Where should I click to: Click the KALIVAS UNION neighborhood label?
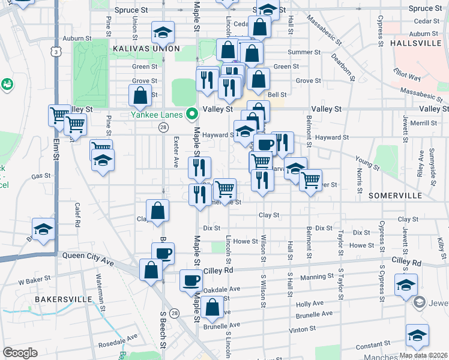pyautogui.click(x=145, y=48)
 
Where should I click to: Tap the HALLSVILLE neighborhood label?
pyautogui.click(x=418, y=44)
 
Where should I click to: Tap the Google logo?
pyautogui.click(x=20, y=353)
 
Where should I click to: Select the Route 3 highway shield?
pyautogui.click(x=56, y=52)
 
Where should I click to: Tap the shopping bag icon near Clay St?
pyautogui.click(x=157, y=211)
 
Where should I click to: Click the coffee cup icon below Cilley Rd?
pyautogui.click(x=191, y=280)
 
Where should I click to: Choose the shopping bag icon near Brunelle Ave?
pyautogui.click(x=212, y=307)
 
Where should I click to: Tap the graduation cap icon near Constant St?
pyautogui.click(x=417, y=335)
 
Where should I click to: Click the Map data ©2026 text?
pyautogui.click(x=423, y=355)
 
